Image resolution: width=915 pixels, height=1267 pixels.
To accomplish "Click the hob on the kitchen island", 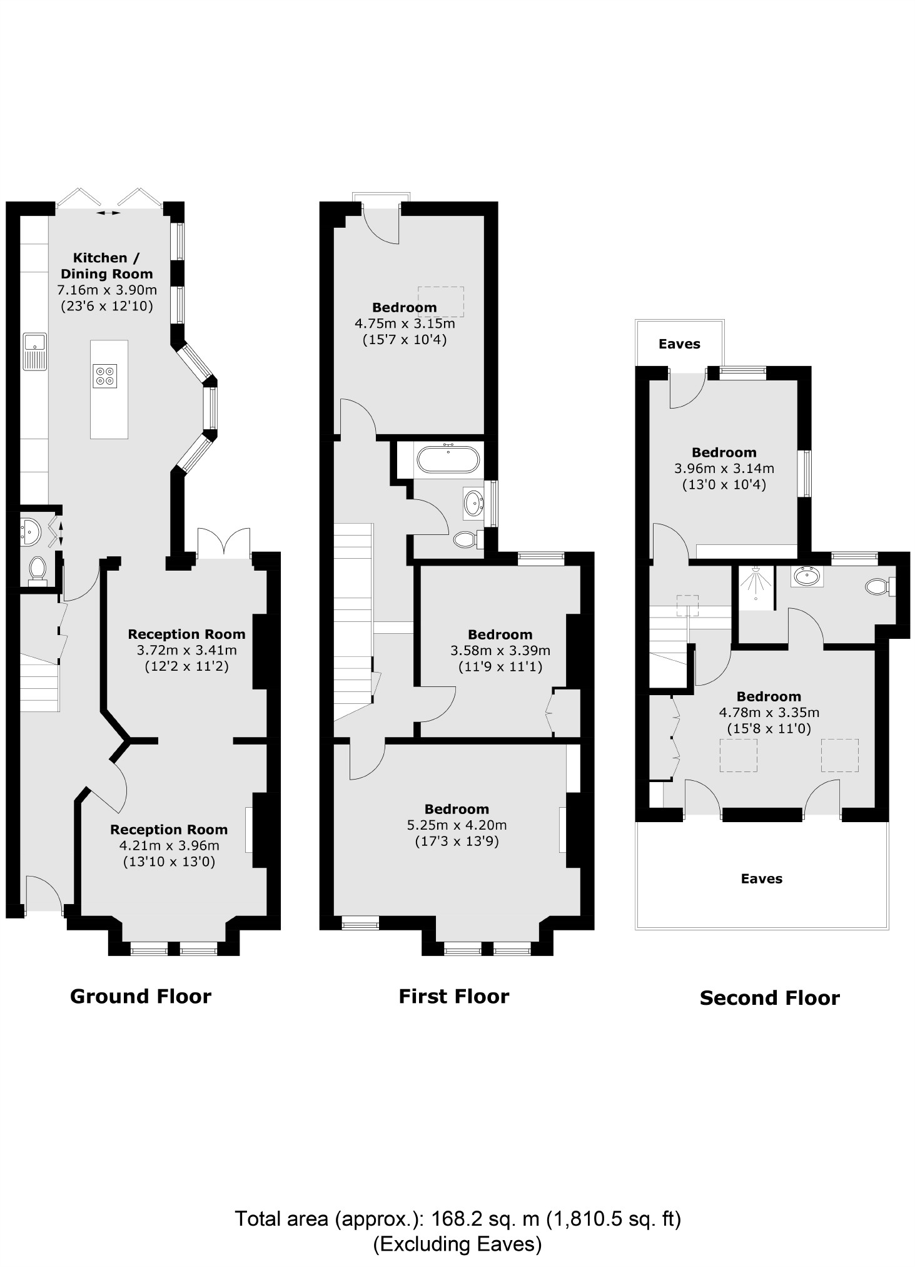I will click(x=105, y=375).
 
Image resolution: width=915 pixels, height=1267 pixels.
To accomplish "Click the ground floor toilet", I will click(x=38, y=570).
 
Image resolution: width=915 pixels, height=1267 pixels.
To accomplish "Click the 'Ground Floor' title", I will click(x=141, y=996).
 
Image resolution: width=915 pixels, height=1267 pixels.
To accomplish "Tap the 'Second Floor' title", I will click(x=769, y=998).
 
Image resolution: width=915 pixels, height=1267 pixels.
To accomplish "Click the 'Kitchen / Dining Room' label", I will click(x=107, y=266).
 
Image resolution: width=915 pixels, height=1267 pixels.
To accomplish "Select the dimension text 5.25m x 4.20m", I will click(x=457, y=825).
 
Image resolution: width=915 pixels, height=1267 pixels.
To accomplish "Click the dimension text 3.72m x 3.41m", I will click(x=186, y=651).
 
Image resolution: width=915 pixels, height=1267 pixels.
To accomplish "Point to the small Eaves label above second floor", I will click(x=679, y=344).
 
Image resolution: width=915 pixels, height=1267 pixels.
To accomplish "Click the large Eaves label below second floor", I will click(x=761, y=879).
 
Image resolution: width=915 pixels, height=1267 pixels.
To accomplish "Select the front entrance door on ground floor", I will click(x=43, y=893).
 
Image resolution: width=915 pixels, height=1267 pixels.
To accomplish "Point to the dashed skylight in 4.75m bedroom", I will click(x=440, y=301).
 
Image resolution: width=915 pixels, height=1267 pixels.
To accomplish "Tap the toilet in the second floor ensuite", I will click(x=877, y=587).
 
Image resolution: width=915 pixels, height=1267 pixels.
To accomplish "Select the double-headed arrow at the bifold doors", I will click(x=109, y=213).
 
